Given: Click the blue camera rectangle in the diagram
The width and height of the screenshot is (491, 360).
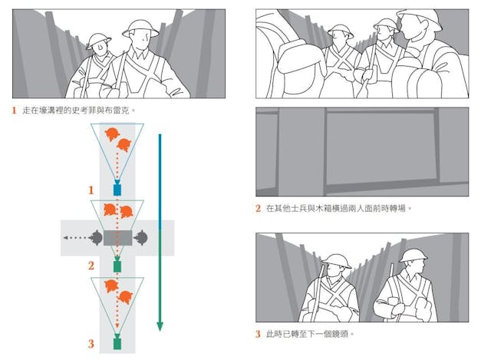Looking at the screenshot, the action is click(117, 190).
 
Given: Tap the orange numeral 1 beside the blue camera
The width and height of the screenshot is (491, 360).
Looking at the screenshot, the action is click(91, 190).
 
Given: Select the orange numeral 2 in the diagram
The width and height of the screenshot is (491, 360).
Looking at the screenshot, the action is click(91, 266).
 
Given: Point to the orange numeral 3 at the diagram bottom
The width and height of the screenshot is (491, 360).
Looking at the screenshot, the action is click(91, 344).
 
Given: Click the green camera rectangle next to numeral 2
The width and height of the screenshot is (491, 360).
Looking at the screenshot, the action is click(117, 266).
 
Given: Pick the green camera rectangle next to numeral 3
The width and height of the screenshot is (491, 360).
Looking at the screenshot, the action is click(117, 344).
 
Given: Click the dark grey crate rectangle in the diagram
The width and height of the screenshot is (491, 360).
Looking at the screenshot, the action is click(117, 238).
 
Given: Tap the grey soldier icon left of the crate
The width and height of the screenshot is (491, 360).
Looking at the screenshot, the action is click(95, 238).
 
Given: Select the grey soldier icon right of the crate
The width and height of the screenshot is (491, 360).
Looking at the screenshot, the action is click(140, 238).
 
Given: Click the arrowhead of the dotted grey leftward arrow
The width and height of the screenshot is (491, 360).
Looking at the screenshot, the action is click(65, 238).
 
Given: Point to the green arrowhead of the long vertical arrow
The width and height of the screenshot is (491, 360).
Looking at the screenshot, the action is click(160, 326).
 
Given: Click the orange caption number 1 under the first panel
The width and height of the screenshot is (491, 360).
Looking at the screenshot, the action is click(14, 111).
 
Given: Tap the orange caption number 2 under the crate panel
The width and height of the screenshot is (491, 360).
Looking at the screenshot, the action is click(258, 208).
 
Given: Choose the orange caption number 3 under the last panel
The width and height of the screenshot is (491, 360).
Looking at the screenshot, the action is click(258, 334).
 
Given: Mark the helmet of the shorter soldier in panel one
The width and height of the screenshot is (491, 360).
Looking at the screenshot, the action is click(98, 41).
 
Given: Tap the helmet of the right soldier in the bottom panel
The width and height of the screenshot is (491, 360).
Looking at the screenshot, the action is click(413, 256).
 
